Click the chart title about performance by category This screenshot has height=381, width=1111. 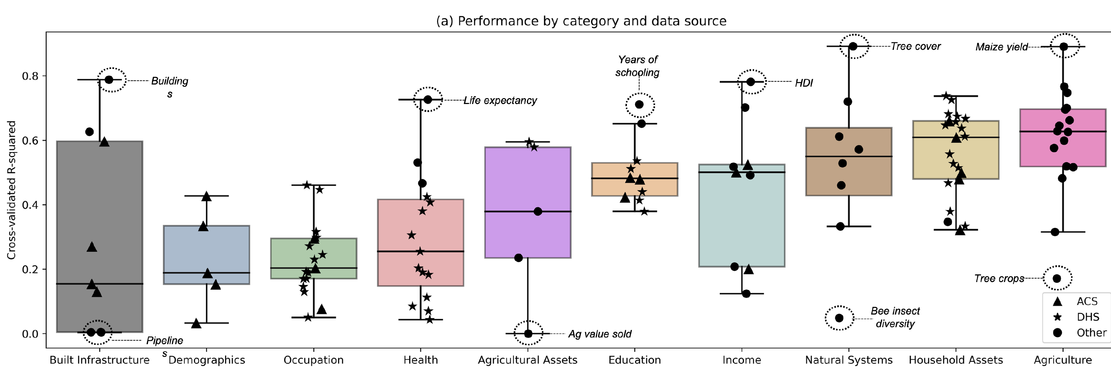click(x=581, y=21)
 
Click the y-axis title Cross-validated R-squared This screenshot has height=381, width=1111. click(x=11, y=190)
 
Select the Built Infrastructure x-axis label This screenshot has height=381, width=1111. click(x=100, y=360)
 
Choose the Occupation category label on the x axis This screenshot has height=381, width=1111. click(x=314, y=360)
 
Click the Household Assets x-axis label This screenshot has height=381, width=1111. click(x=956, y=360)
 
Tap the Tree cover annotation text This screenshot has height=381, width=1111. click(x=916, y=47)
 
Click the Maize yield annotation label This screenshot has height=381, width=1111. click(x=1002, y=47)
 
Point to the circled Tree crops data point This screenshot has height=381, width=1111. click(x=1057, y=278)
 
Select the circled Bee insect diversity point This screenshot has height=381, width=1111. click(x=839, y=318)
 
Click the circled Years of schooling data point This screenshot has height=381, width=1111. click(x=639, y=105)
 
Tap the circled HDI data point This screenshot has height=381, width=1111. click(x=751, y=82)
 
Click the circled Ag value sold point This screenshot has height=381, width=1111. click(x=528, y=334)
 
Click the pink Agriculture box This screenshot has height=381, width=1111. click(x=1063, y=138)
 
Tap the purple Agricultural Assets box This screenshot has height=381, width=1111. click(x=528, y=203)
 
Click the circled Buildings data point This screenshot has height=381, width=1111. click(x=109, y=80)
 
